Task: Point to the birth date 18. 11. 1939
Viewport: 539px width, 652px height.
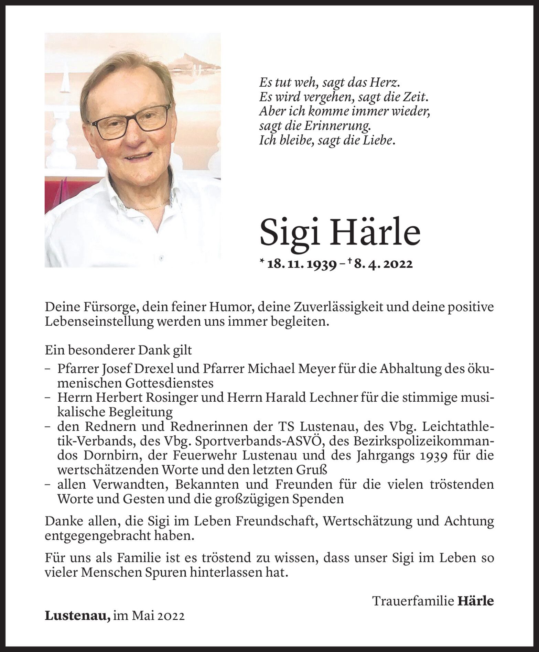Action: [x=302, y=264]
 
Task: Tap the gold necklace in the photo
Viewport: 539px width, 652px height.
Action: [x=150, y=205]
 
